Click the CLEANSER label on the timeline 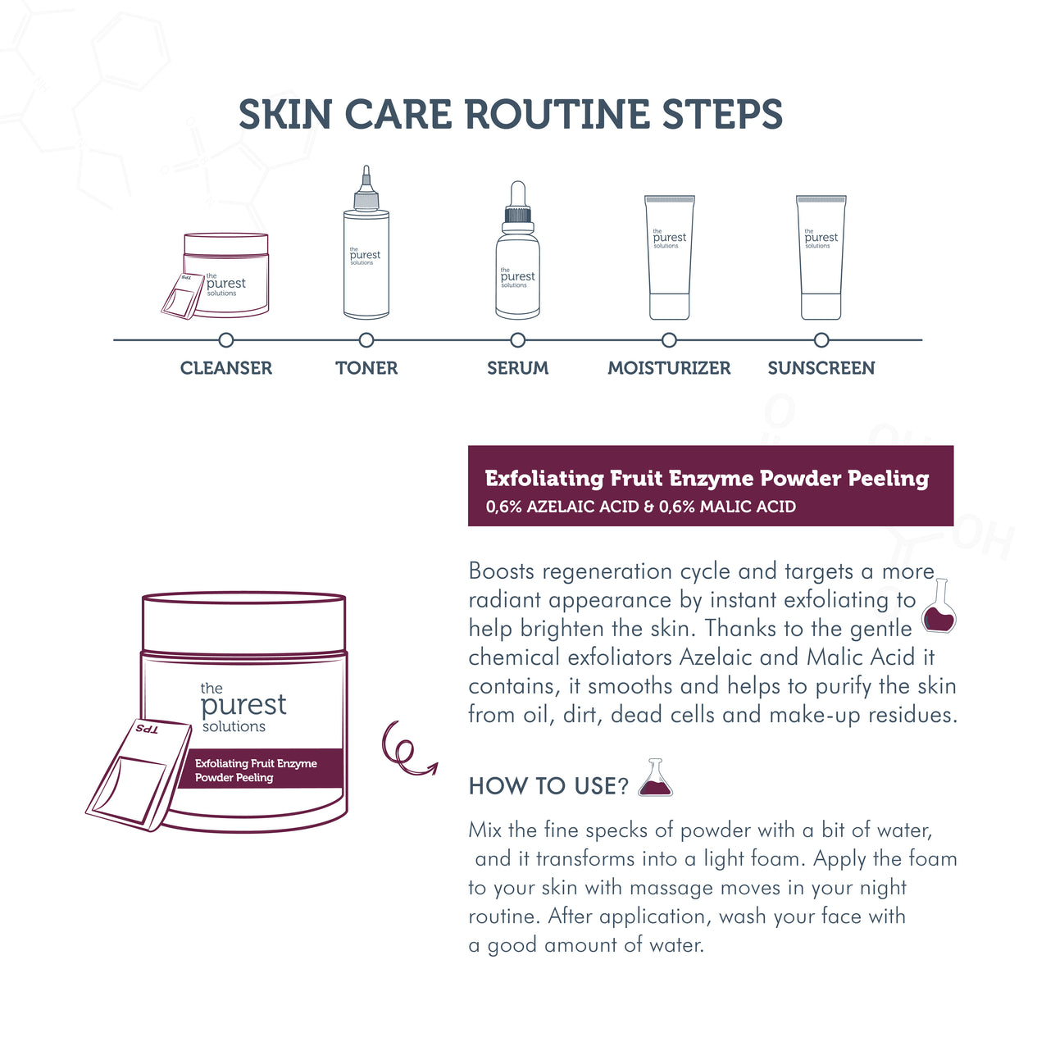(x=226, y=368)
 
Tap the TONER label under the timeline (x=366, y=368)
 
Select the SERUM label (x=518, y=368)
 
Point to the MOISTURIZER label (x=669, y=368)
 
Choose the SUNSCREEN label (x=821, y=368)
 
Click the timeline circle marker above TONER (x=366, y=340)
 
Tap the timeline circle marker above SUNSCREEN (x=821, y=340)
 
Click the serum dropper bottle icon (x=518, y=250)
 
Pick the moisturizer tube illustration (x=670, y=257)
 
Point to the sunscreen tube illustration (x=821, y=257)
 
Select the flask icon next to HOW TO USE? (x=656, y=777)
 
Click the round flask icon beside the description (x=939, y=606)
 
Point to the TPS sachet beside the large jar (x=139, y=775)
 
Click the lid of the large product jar (x=243, y=621)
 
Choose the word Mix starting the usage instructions (x=485, y=830)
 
